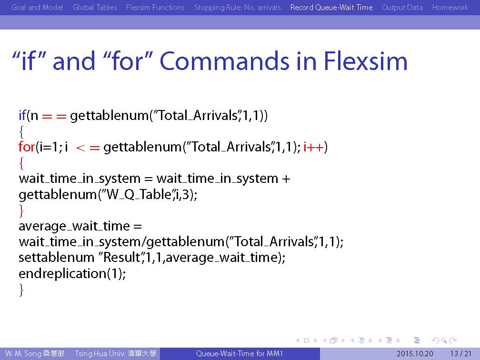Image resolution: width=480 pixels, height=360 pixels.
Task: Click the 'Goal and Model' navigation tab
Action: coord(37,7)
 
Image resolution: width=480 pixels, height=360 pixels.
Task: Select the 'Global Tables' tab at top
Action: coord(95,7)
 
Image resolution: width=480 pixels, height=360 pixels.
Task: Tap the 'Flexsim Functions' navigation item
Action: coord(155,7)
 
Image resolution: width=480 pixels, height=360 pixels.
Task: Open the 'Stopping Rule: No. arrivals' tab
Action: coord(237,7)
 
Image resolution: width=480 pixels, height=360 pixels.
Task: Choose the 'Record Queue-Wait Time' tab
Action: coord(331,7)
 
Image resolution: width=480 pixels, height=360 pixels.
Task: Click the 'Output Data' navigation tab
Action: coord(402,7)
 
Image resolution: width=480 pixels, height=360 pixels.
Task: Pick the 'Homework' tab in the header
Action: coord(450,7)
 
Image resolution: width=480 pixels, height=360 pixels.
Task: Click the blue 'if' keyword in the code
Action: coord(22,115)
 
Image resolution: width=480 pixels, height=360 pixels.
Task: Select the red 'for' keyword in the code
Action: coord(26,147)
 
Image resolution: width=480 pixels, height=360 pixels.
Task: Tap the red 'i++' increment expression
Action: coord(313,147)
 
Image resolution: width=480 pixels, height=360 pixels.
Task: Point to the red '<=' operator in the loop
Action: coord(88,148)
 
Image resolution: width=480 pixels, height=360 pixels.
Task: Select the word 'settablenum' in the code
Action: coord(56,257)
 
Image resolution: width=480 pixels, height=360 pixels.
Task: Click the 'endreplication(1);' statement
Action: coord(72,273)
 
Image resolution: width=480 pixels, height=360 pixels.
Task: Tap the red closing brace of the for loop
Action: coord(21,210)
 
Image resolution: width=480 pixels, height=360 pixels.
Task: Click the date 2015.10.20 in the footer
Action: coord(415,354)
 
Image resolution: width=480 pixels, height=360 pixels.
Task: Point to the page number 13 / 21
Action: coord(461,354)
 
